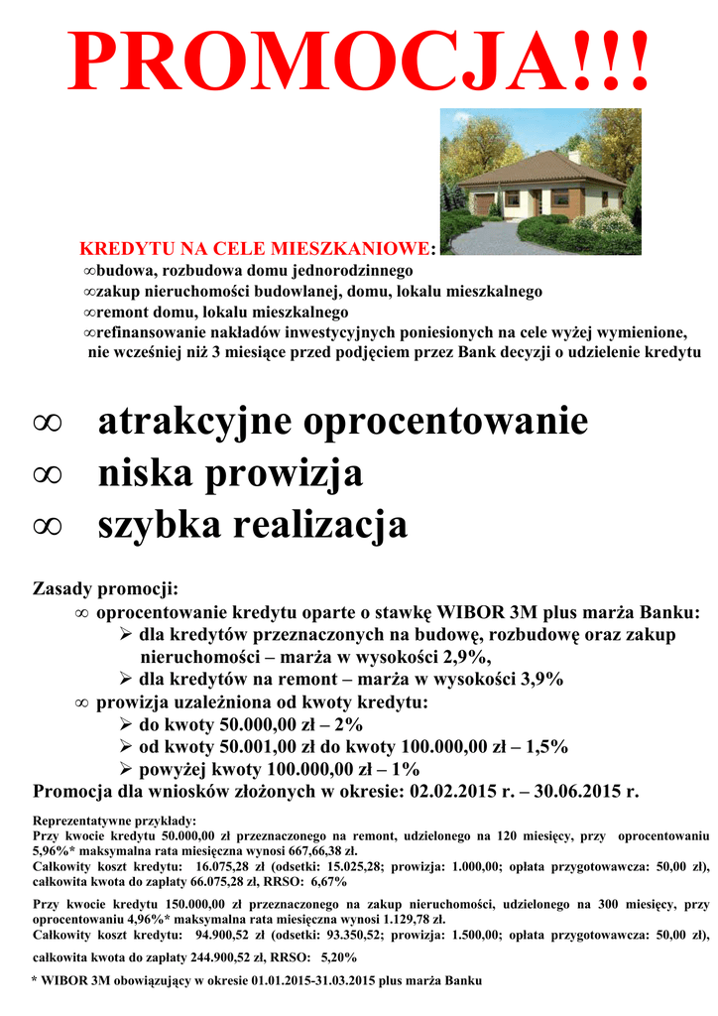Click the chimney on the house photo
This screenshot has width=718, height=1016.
click(574, 157)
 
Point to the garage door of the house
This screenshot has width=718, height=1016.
click(483, 204)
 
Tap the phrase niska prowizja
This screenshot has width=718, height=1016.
click(230, 474)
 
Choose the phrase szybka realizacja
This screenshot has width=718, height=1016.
click(252, 526)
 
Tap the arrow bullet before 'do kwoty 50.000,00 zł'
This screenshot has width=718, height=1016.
click(126, 725)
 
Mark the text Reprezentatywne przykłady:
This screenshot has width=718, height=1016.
click(115, 821)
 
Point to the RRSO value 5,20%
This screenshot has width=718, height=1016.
click(339, 957)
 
